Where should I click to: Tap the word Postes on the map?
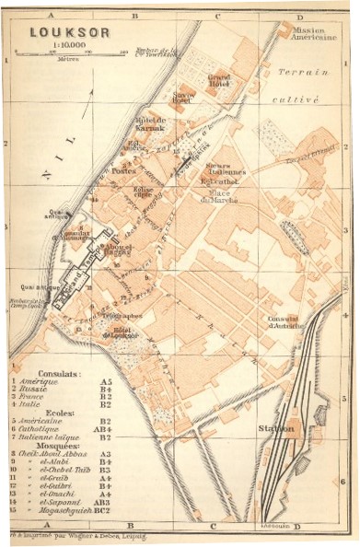(123, 170)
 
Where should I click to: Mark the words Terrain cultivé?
(306, 84)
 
